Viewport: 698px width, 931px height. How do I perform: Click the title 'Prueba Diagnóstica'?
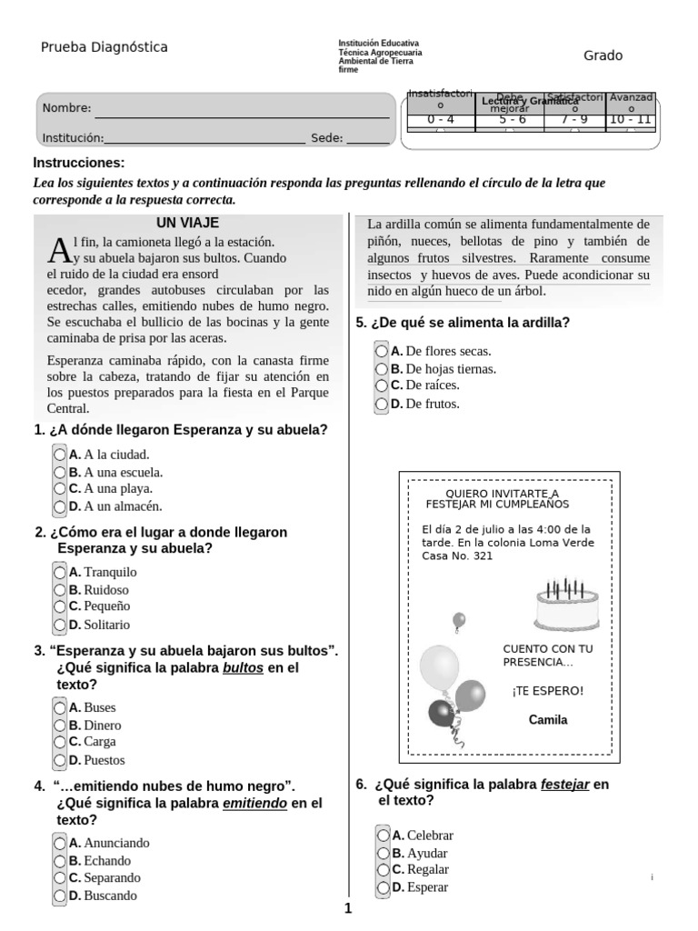pyautogui.click(x=104, y=47)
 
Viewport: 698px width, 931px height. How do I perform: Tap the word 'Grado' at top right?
pyautogui.click(x=603, y=55)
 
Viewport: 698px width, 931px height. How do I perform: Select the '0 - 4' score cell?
pyautogui.click(x=440, y=119)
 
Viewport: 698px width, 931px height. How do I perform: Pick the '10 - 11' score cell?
pyautogui.click(x=631, y=119)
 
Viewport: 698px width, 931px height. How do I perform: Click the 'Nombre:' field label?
pyautogui.click(x=66, y=108)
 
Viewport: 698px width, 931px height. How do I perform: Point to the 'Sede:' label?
pyautogui.click(x=326, y=138)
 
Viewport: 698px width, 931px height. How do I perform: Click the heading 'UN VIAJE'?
pyautogui.click(x=187, y=223)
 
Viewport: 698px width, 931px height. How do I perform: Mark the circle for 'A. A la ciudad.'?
pyautogui.click(x=60, y=454)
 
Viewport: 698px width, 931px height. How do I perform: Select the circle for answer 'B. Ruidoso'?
pyautogui.click(x=60, y=589)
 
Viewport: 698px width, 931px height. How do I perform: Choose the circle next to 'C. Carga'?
pyautogui.click(x=60, y=742)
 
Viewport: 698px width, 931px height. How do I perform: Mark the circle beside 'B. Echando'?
pyautogui.click(x=60, y=860)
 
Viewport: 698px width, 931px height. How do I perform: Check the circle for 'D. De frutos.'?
pyautogui.click(x=382, y=404)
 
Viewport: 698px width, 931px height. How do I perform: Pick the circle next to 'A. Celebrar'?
pyautogui.click(x=384, y=835)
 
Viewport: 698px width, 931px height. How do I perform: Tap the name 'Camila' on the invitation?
pyautogui.click(x=548, y=720)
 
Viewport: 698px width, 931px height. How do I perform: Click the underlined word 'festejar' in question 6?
pyautogui.click(x=565, y=784)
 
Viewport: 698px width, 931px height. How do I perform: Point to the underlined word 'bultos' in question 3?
pyautogui.click(x=244, y=667)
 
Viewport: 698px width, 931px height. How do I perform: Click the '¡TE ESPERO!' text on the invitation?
pyautogui.click(x=548, y=691)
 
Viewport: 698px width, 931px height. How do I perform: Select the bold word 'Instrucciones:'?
pyautogui.click(x=78, y=163)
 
